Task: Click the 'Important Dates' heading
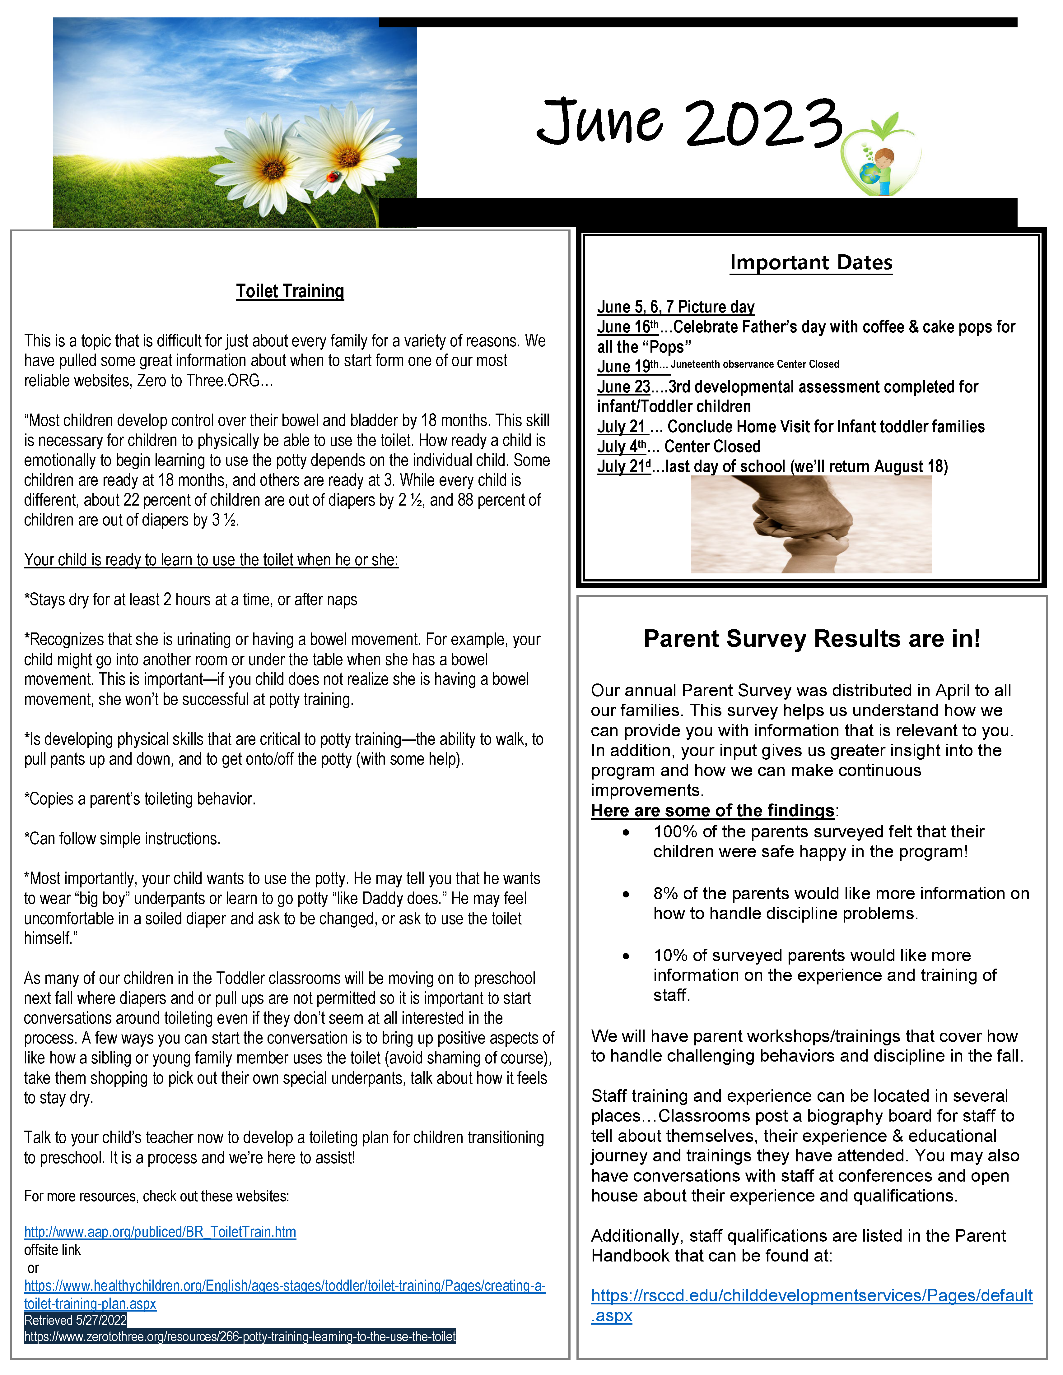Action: click(811, 262)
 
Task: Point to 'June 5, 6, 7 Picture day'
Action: click(676, 307)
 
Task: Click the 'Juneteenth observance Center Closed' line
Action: click(754, 364)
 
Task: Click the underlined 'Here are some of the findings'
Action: click(712, 811)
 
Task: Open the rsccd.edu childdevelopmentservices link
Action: click(811, 1296)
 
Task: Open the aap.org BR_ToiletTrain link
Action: click(160, 1232)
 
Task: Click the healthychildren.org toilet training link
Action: click(285, 1286)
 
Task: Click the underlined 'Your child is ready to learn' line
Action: click(211, 560)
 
